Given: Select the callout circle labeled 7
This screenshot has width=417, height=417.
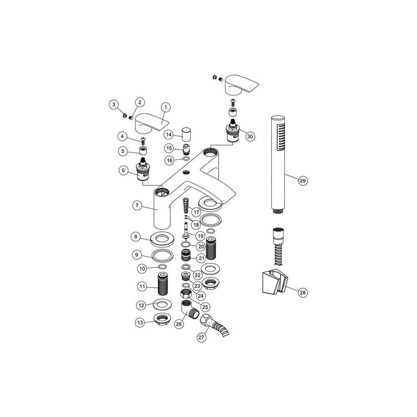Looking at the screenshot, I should [138, 205].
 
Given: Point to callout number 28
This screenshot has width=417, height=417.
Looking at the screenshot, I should [303, 292].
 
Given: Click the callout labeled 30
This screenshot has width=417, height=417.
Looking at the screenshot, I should [250, 136].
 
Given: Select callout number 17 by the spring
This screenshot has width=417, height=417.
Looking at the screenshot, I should [196, 211].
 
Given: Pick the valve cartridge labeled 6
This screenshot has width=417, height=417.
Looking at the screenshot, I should [144, 171].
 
